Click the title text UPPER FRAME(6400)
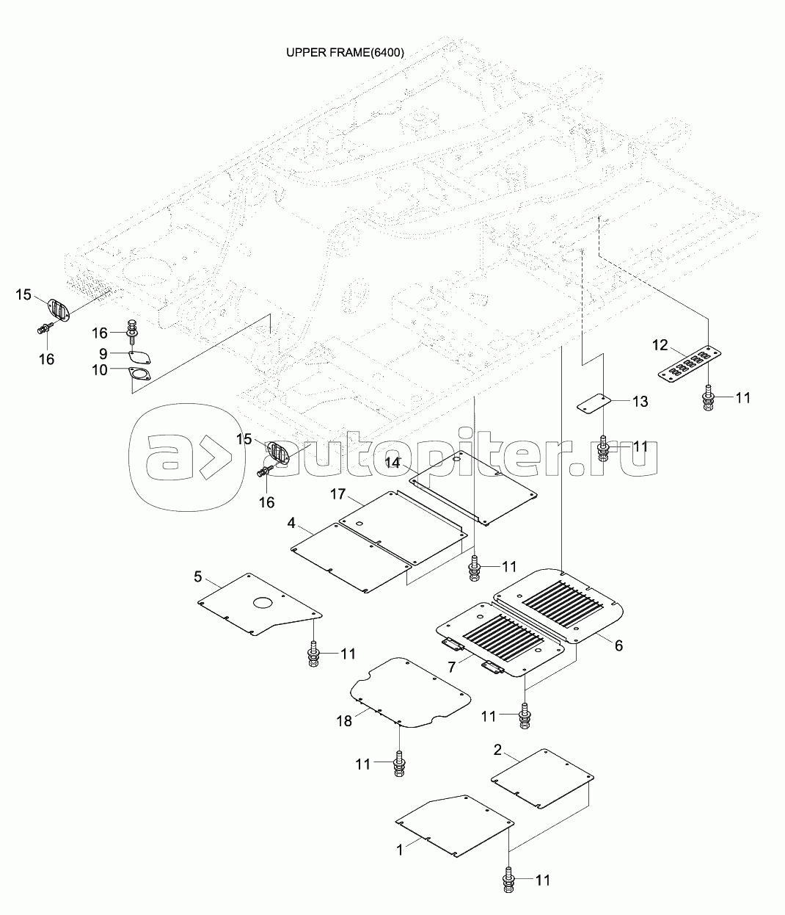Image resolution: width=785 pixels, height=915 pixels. (345, 53)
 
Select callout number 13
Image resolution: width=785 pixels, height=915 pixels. (640, 401)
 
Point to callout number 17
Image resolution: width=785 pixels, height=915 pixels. (337, 494)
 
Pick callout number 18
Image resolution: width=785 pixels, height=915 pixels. (343, 721)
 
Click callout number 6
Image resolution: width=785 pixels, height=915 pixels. (618, 645)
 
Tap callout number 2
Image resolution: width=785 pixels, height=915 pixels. (497, 750)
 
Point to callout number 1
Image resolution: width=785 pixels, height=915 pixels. (400, 850)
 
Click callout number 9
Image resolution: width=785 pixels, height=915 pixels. (103, 352)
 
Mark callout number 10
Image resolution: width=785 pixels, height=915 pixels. (100, 371)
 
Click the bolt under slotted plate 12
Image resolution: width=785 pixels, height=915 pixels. (707, 398)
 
